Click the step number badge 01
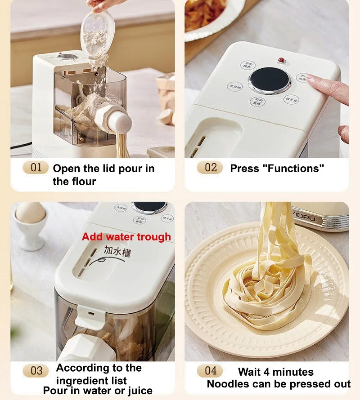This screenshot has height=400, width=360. click(x=36, y=168)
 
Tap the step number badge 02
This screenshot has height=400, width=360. click(x=210, y=168)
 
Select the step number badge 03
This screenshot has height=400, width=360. click(x=36, y=371)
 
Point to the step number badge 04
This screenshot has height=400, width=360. click(x=210, y=371)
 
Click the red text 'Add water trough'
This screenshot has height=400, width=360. click(x=126, y=237)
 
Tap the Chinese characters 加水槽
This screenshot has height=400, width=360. click(x=117, y=251)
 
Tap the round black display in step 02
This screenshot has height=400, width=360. click(x=269, y=80)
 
